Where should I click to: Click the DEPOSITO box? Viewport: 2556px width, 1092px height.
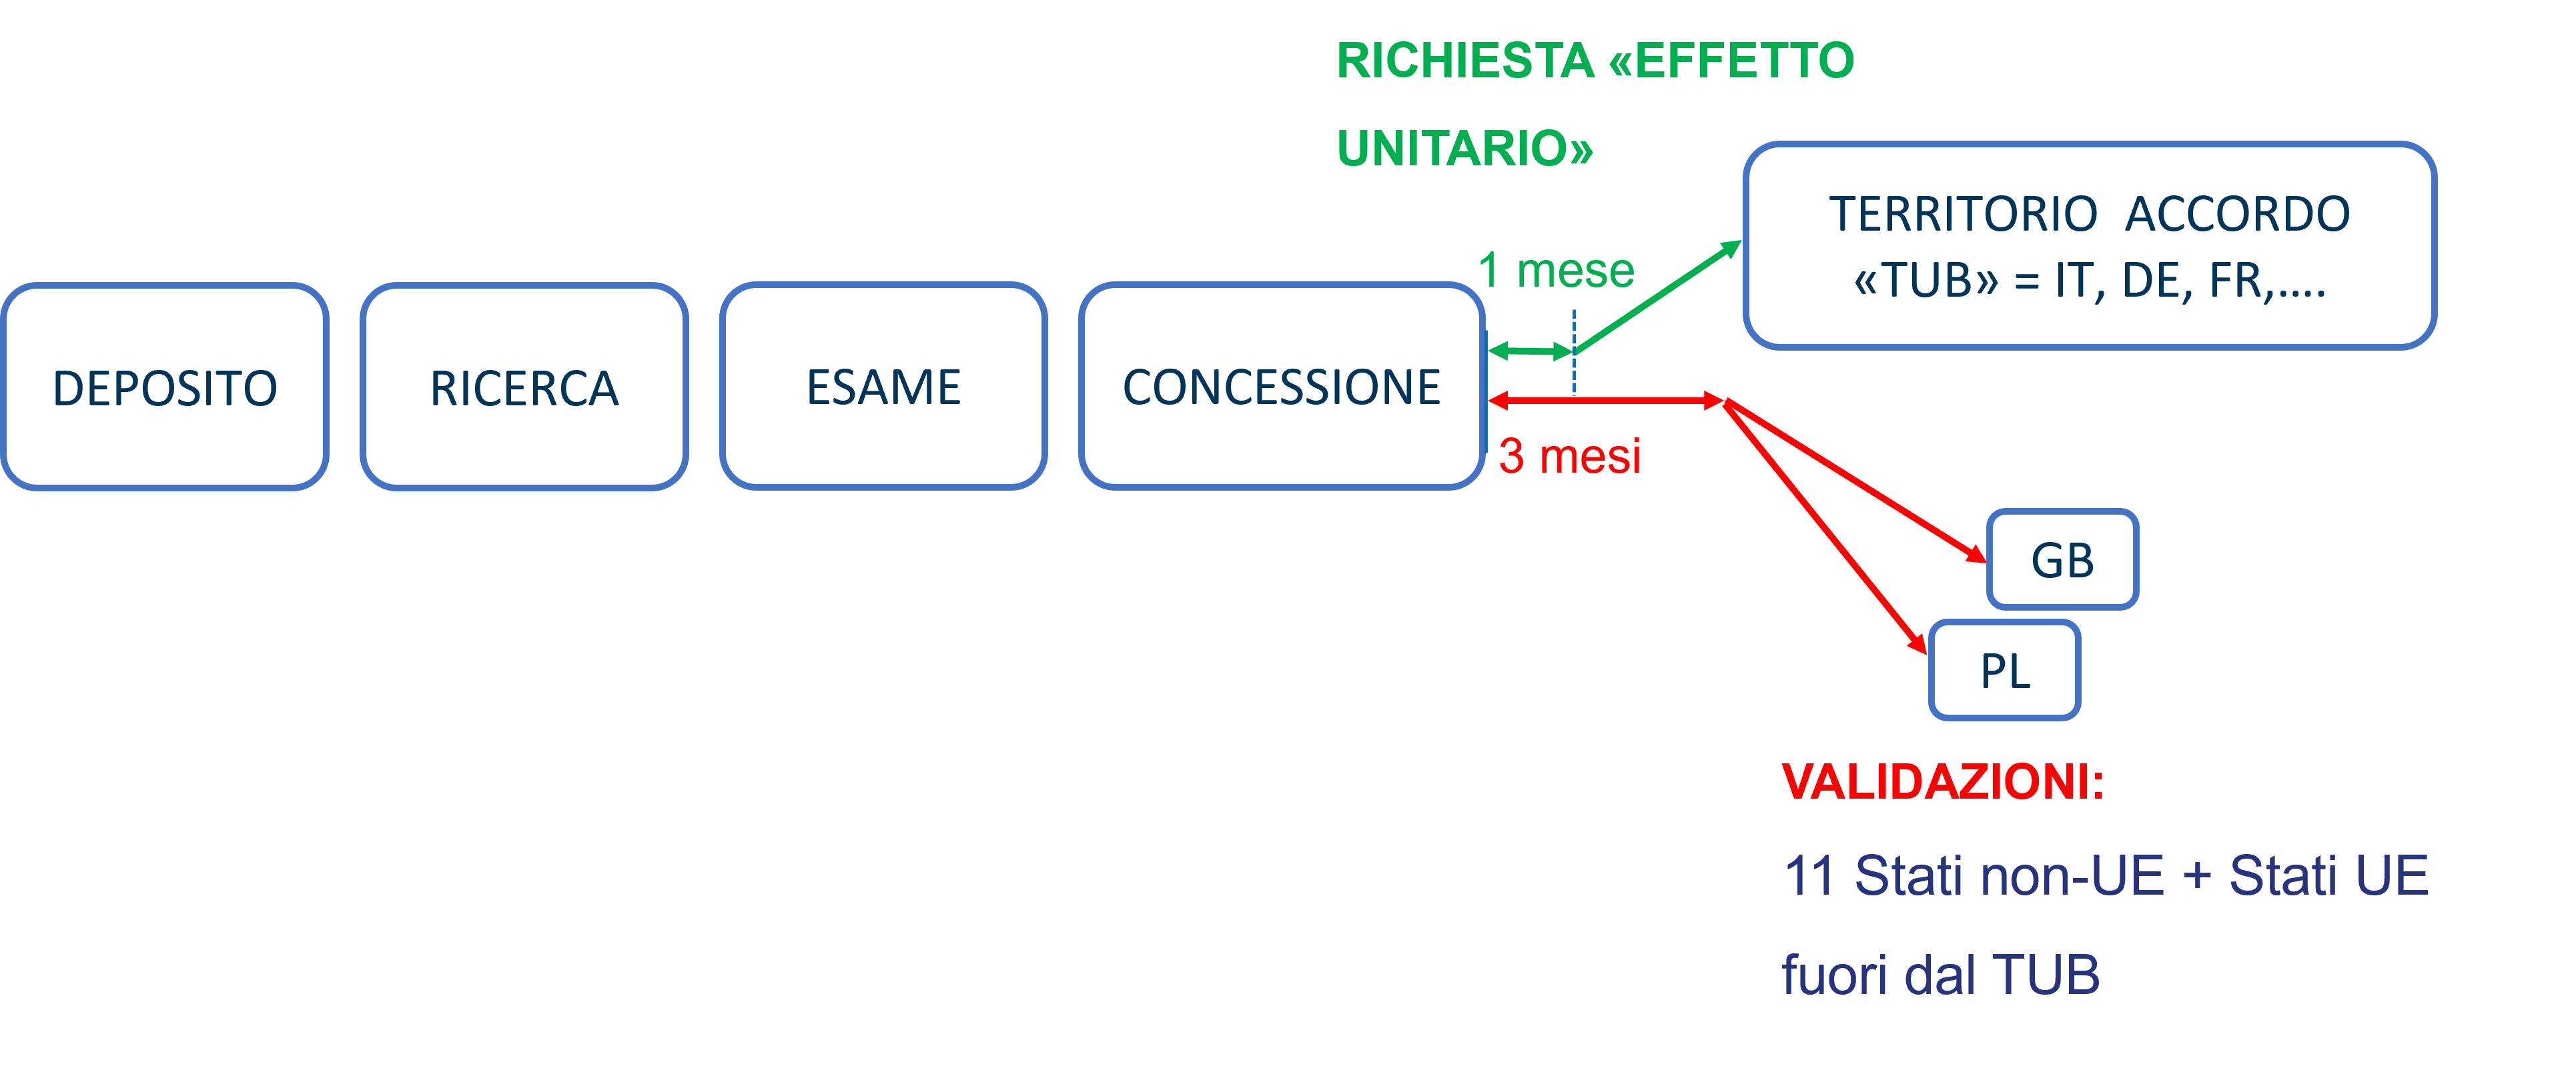[x=165, y=387]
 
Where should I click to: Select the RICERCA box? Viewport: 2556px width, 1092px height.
[x=524, y=387]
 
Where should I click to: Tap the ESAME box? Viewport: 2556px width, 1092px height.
[x=883, y=387]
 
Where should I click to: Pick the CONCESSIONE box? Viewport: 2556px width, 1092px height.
[x=1281, y=387]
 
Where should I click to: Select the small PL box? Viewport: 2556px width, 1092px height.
[x=2004, y=671]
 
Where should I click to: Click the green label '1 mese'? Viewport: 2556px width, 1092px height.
[x=1555, y=270]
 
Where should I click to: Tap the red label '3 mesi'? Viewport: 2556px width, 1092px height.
[x=1569, y=456]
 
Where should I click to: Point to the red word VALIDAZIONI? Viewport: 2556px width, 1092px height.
[x=1943, y=781]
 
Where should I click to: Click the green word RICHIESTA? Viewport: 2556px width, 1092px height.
[x=1464, y=61]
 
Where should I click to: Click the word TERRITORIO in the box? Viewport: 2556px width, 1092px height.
[x=1963, y=214]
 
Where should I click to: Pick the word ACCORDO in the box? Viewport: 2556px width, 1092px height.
[x=2238, y=214]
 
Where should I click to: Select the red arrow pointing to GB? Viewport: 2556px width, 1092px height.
[x=1855, y=481]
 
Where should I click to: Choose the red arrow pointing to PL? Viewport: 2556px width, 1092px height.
[x=1825, y=527]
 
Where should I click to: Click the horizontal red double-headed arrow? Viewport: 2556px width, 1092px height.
[x=1605, y=401]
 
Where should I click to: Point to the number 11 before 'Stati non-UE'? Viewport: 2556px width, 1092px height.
[x=1808, y=876]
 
